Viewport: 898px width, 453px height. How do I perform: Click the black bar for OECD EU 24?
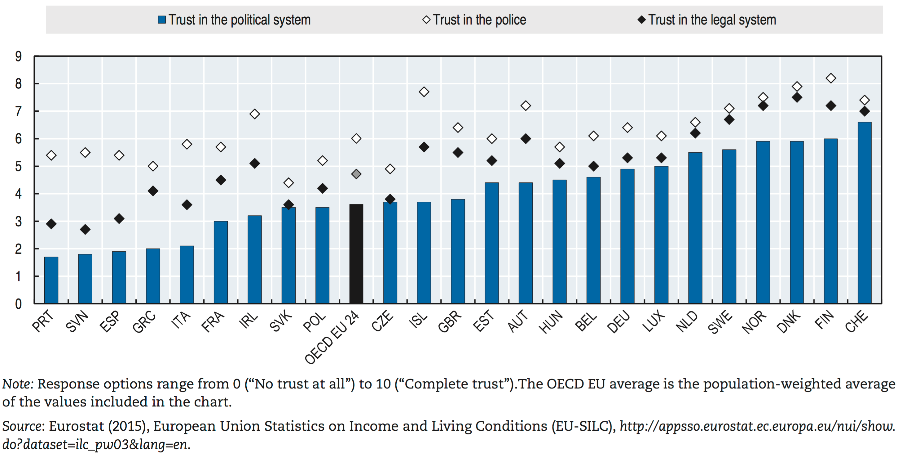356,254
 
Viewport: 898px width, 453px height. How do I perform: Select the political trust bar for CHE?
864,213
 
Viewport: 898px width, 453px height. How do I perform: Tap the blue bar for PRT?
51,280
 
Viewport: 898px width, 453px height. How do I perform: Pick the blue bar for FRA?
221,262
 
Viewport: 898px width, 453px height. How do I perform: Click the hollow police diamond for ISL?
424,92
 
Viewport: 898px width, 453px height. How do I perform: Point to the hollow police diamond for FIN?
831,78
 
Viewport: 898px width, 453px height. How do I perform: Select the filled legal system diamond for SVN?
85,229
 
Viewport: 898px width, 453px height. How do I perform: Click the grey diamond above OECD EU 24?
356,174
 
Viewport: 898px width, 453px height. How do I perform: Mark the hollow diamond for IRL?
254,114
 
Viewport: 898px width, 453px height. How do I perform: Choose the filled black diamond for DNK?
797,97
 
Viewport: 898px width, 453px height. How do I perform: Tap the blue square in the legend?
162,20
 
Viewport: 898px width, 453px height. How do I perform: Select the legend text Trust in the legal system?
712,20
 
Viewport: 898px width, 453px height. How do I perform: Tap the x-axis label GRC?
144,321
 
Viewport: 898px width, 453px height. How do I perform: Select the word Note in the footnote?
17,384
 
